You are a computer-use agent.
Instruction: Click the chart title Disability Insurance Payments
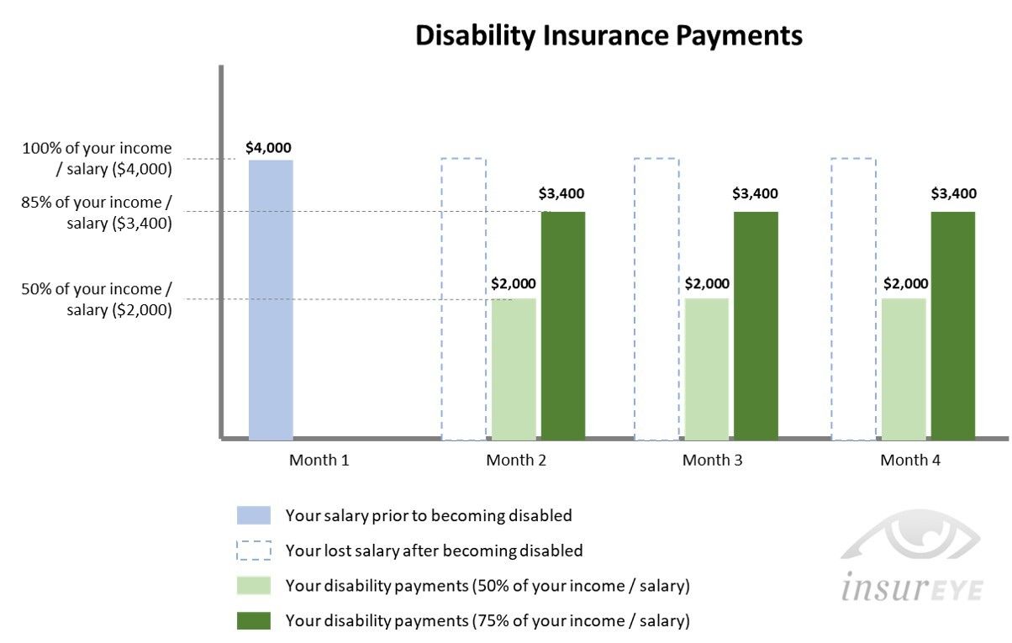tap(609, 35)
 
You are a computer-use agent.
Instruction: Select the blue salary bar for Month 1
tap(271, 300)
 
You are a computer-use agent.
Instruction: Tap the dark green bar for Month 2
tap(563, 326)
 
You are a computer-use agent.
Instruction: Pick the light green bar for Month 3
tap(707, 369)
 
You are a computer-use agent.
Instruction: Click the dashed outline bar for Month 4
tap(831, 299)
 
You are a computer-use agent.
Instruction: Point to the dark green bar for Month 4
tap(953, 326)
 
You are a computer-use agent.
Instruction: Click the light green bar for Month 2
tap(514, 369)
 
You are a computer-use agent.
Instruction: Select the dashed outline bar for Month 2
tap(442, 299)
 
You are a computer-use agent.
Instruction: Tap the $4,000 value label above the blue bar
tap(268, 147)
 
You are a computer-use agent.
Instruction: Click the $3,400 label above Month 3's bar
tap(755, 193)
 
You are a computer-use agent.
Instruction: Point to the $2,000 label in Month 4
tap(905, 283)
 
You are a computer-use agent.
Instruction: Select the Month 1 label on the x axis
tap(319, 460)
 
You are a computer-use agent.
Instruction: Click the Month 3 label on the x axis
tap(712, 460)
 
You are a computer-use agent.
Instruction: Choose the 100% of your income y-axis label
tap(97, 158)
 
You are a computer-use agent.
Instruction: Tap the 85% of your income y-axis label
tap(96, 213)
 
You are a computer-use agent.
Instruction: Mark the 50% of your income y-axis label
tap(96, 299)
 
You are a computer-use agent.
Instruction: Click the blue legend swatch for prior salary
tap(254, 515)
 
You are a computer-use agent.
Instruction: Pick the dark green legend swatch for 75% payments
tap(254, 620)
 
